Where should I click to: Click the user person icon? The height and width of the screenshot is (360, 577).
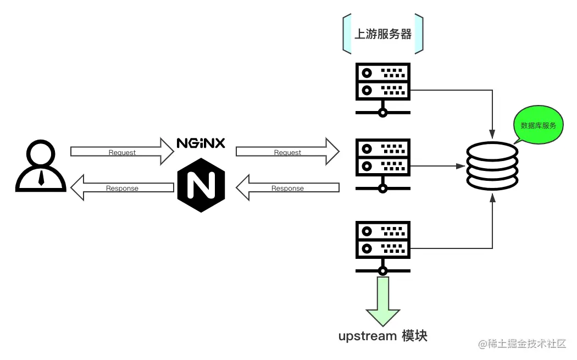click(x=41, y=165)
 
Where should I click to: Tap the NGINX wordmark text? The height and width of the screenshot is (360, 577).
click(x=201, y=143)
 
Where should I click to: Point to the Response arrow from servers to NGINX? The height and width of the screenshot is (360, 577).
click(x=287, y=187)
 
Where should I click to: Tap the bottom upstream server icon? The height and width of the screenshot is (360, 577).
click(x=382, y=247)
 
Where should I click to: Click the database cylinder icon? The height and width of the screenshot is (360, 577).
click(x=492, y=165)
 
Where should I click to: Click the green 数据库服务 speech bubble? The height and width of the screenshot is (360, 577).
click(x=538, y=126)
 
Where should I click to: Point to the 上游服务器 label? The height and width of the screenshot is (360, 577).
click(x=382, y=34)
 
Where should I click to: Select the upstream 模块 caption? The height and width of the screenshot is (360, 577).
click(x=382, y=336)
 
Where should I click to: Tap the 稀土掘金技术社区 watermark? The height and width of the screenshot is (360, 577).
click(x=521, y=344)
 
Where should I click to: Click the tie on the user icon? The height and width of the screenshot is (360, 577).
click(x=41, y=176)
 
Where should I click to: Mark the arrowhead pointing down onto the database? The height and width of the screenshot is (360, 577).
click(x=492, y=134)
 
